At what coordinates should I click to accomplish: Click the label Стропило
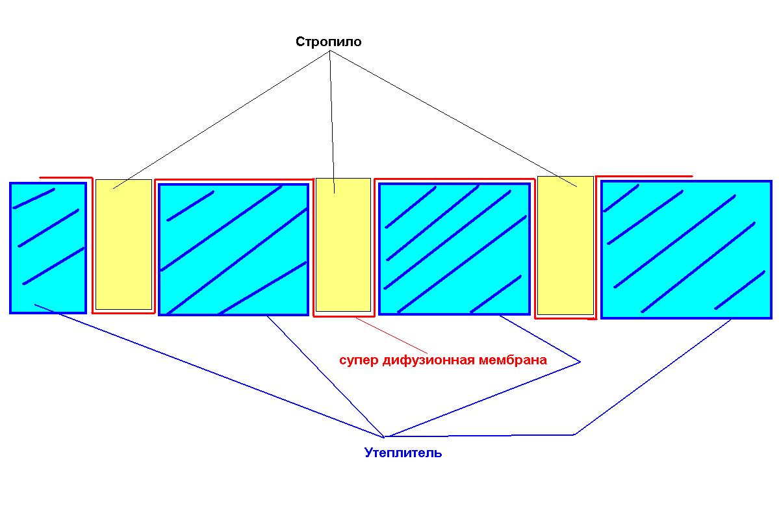click(x=328, y=42)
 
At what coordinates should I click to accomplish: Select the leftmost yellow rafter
click(x=123, y=244)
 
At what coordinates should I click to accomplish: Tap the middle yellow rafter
click(x=343, y=244)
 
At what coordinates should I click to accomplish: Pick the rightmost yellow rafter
click(x=565, y=245)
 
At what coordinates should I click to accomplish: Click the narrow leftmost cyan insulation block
click(x=48, y=248)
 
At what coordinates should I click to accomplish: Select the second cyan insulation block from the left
click(x=233, y=249)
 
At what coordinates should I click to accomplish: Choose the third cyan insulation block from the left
click(x=454, y=249)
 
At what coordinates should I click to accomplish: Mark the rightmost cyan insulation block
click(x=686, y=249)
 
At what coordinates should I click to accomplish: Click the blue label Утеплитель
click(x=403, y=453)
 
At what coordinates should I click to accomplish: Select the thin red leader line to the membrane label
click(x=392, y=335)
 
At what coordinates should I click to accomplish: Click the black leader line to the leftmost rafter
click(x=220, y=119)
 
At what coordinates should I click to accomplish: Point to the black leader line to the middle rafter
click(x=331, y=121)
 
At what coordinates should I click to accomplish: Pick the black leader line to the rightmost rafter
click(x=453, y=119)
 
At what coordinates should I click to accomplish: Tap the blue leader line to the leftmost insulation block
click(x=209, y=370)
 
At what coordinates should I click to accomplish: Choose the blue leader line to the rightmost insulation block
click(x=652, y=377)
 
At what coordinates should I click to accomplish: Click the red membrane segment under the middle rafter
click(x=343, y=316)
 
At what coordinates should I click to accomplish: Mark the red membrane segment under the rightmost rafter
click(x=565, y=318)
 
